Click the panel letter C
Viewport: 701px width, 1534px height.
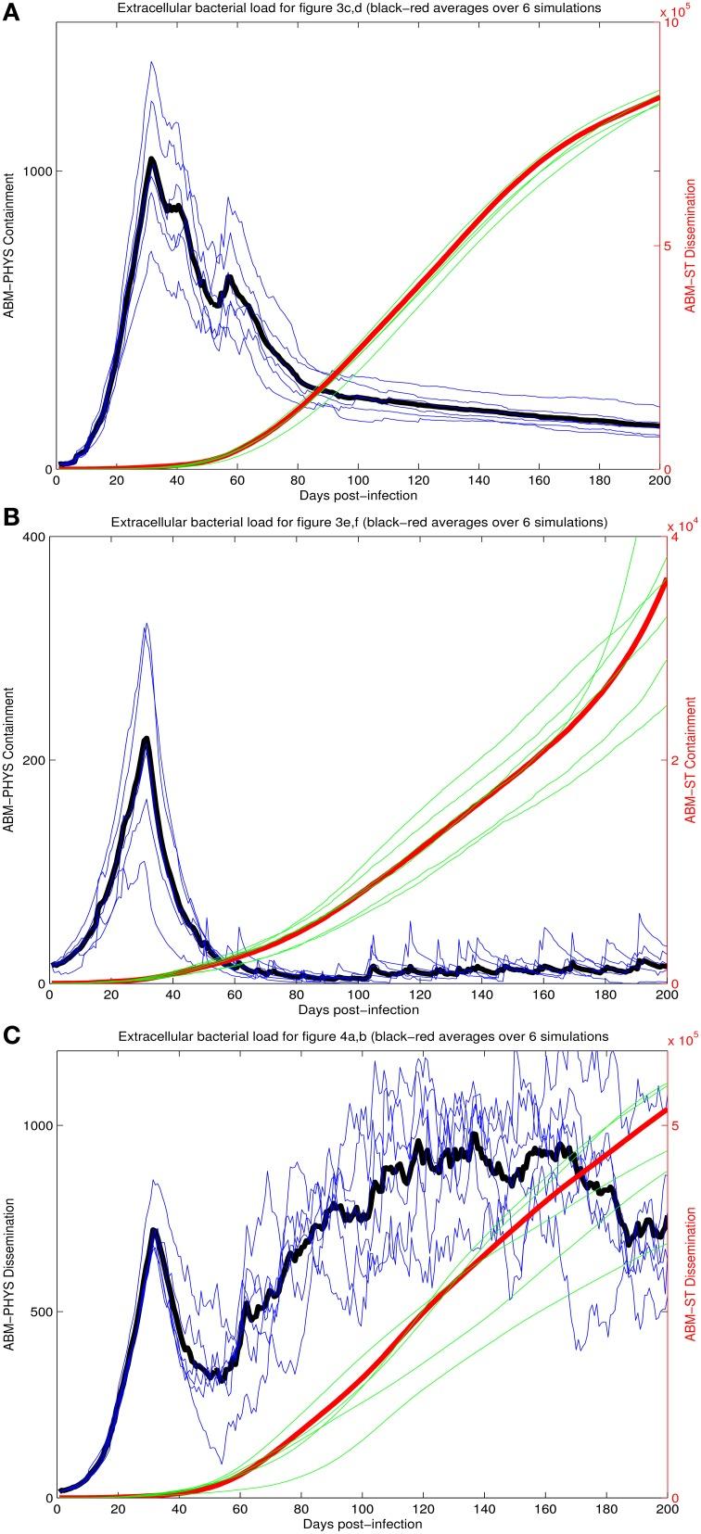[11, 1036]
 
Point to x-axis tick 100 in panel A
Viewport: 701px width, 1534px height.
[358, 480]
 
